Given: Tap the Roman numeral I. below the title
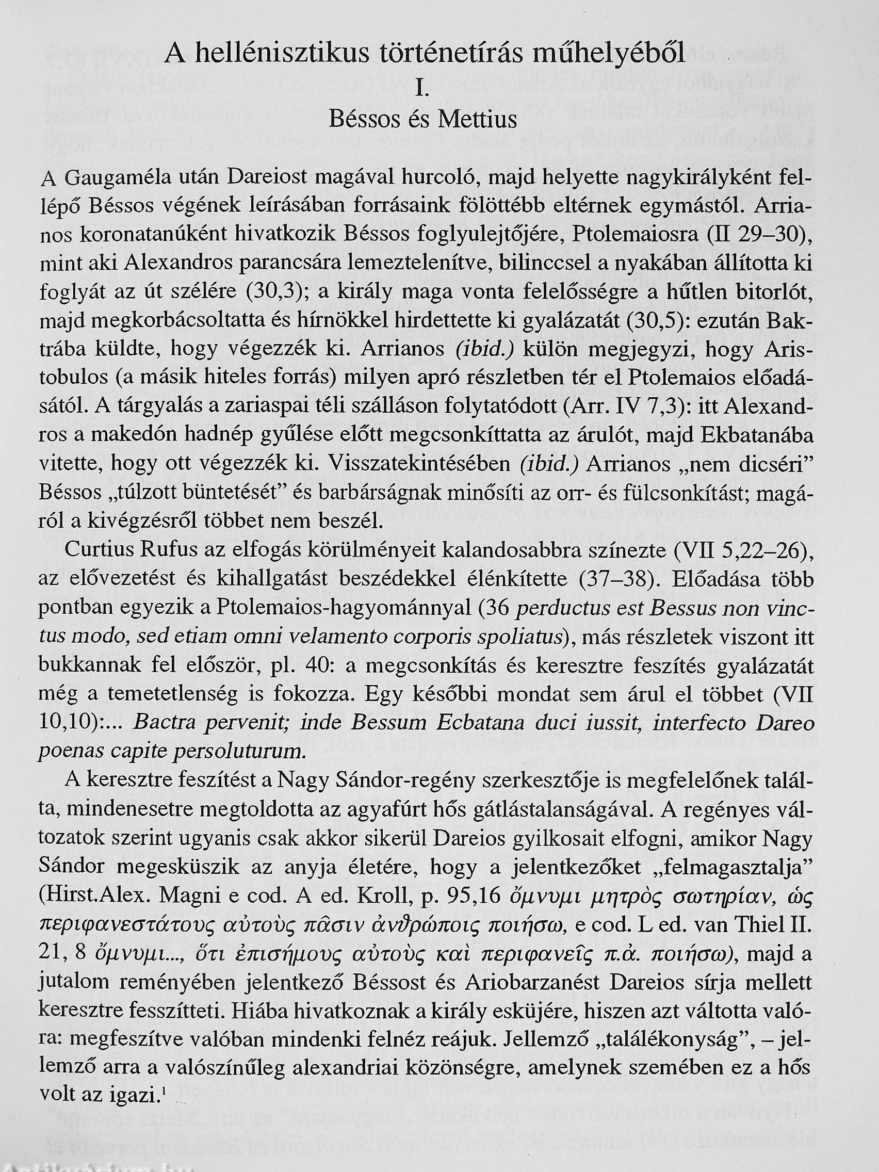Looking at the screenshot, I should coord(423,88).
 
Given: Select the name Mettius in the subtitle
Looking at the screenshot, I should coord(477,120).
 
